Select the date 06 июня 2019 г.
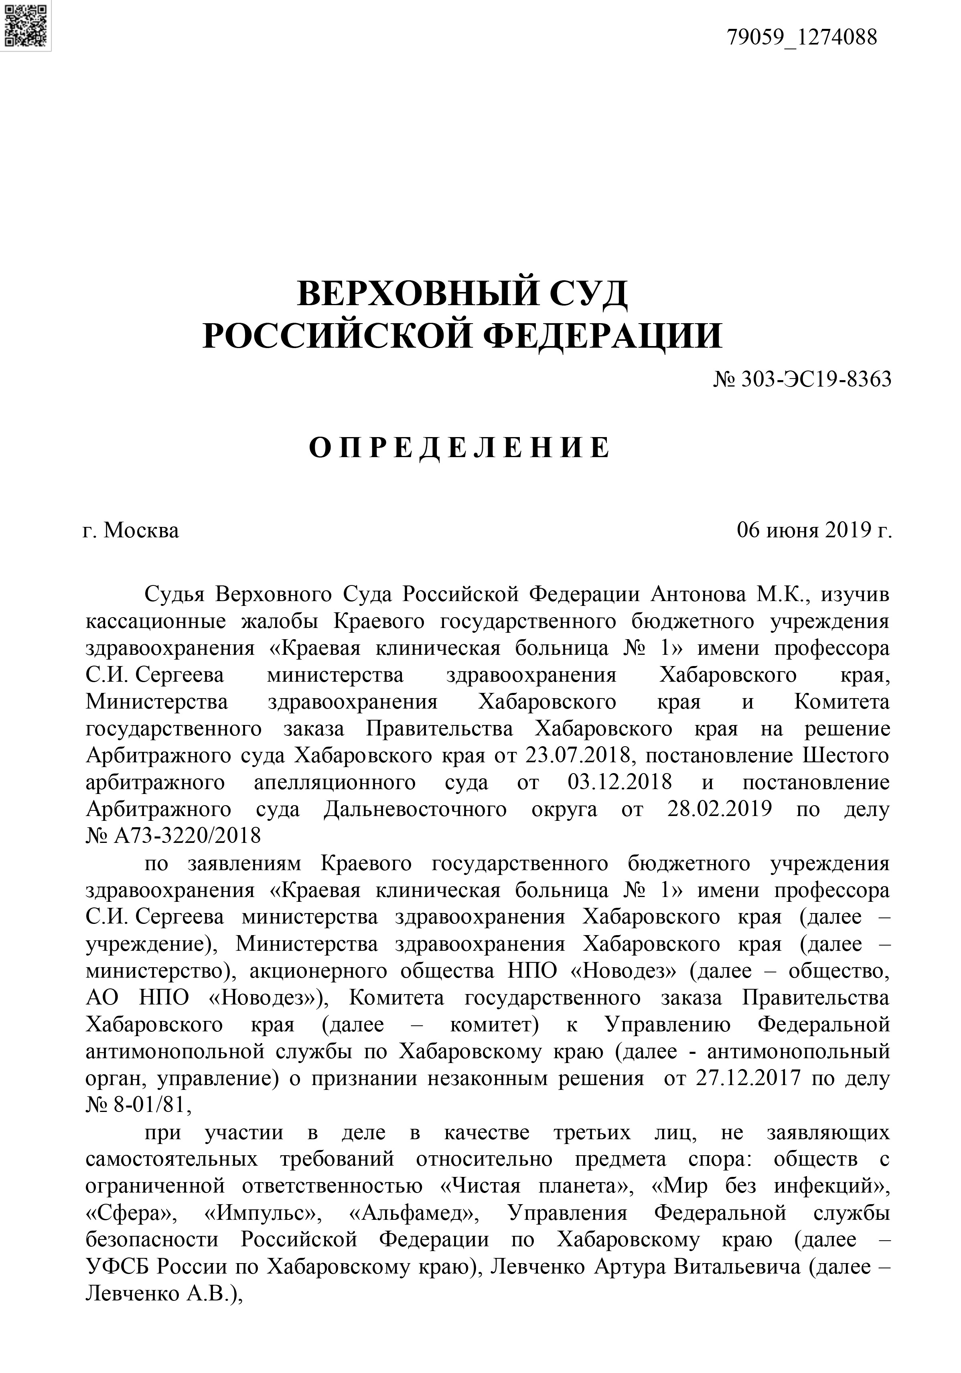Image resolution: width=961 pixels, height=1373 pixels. coord(814,531)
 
